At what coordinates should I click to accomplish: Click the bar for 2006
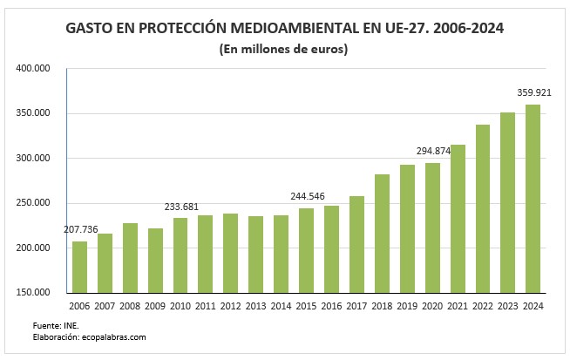coord(79,267)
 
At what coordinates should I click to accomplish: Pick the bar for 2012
coord(230,253)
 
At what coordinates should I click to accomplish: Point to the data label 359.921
coord(534,92)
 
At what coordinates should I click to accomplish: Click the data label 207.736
coord(81,229)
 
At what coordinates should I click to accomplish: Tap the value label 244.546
coord(307,196)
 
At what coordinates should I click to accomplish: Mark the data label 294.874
coord(432,151)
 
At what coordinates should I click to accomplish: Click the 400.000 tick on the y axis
coord(34,68)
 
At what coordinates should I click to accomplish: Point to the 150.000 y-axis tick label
coord(34,293)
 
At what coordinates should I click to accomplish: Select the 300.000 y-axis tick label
coord(34,158)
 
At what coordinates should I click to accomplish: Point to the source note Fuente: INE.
coord(51,324)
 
